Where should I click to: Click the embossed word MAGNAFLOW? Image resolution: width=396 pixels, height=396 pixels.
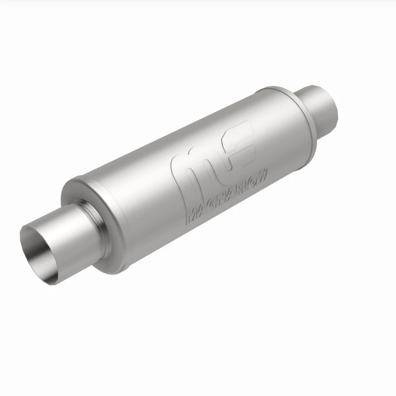tap(226, 198)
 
